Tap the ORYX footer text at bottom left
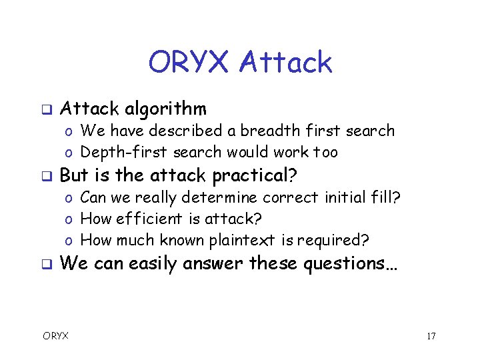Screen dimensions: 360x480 (56, 336)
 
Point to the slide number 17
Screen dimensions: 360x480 (431, 336)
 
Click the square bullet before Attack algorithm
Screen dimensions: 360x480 (47, 109)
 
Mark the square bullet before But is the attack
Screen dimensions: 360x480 (47, 176)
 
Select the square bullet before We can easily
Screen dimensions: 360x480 (47, 264)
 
